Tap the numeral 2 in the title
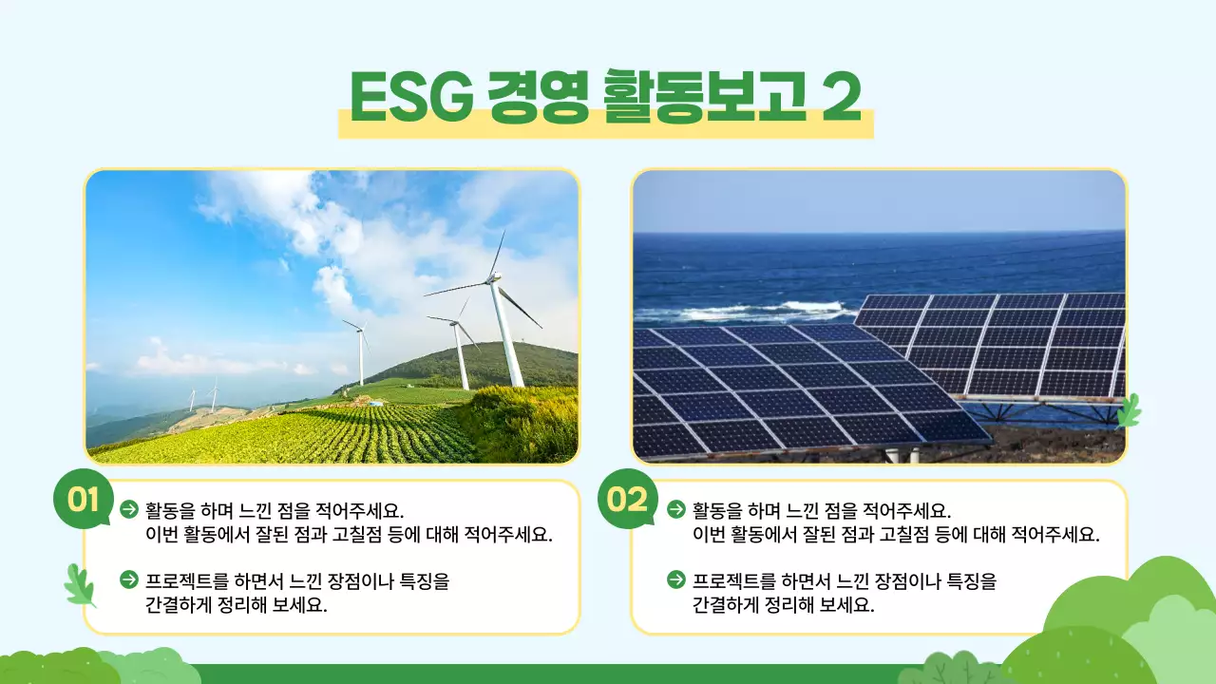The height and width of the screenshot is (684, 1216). pyautogui.click(x=841, y=97)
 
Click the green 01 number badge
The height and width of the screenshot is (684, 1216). pyautogui.click(x=84, y=500)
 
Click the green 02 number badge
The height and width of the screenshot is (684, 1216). pyautogui.click(x=627, y=500)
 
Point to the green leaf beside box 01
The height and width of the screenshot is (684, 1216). pyautogui.click(x=80, y=584)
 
